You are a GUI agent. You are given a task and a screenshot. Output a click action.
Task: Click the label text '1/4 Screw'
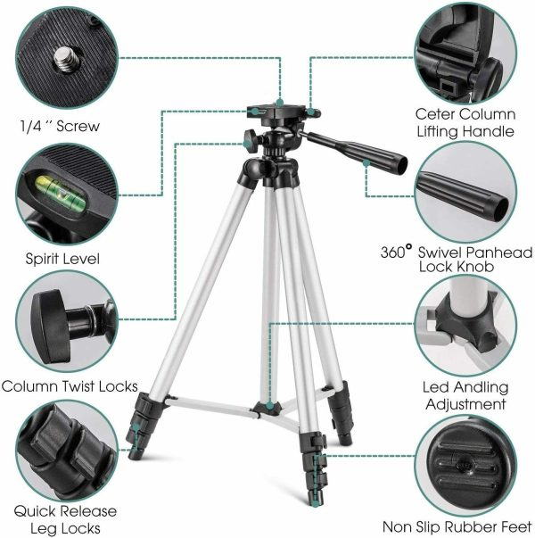pyautogui.click(x=60, y=126)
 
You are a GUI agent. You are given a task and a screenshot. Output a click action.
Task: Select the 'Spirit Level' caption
pyautogui.click(x=62, y=259)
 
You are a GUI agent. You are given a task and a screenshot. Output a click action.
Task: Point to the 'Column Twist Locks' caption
pyautogui.click(x=70, y=386)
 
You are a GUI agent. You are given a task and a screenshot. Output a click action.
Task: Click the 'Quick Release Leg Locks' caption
pyautogui.click(x=65, y=519)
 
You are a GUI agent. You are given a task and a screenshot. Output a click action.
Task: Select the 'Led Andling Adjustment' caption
pyautogui.click(x=465, y=395)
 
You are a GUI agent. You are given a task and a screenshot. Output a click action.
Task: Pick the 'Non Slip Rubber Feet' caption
pyautogui.click(x=457, y=526)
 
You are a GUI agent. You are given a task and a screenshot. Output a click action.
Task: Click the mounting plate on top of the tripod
pyautogui.click(x=284, y=111)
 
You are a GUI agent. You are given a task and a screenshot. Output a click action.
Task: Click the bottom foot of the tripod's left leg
pyautogui.click(x=133, y=455)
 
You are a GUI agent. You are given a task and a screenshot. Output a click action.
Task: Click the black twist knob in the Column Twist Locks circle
pyautogui.click(x=52, y=327)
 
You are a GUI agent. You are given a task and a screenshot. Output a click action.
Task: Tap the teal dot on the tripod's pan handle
pyautogui.click(x=366, y=163)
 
